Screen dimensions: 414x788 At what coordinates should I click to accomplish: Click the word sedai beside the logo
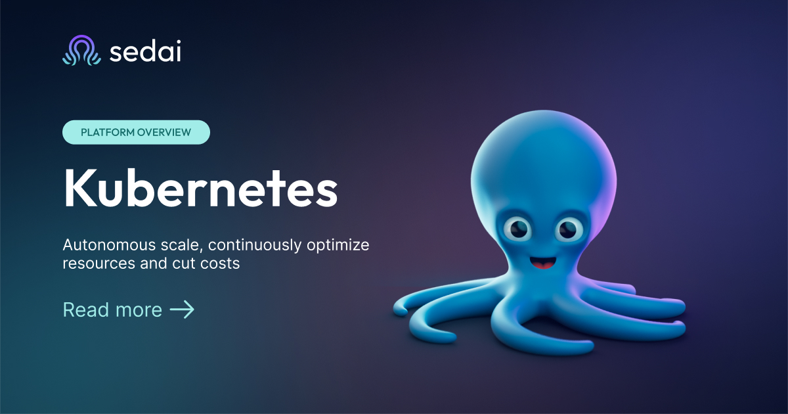[145, 51]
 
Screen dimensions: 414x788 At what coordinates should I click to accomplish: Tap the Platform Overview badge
[136, 132]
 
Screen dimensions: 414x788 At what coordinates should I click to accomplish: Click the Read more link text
[112, 310]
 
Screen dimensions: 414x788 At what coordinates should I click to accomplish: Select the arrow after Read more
[182, 310]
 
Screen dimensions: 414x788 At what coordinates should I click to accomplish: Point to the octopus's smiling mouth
[542, 264]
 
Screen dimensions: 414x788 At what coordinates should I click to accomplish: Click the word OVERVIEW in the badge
[164, 132]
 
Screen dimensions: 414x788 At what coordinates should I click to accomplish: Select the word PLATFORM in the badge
[108, 132]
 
